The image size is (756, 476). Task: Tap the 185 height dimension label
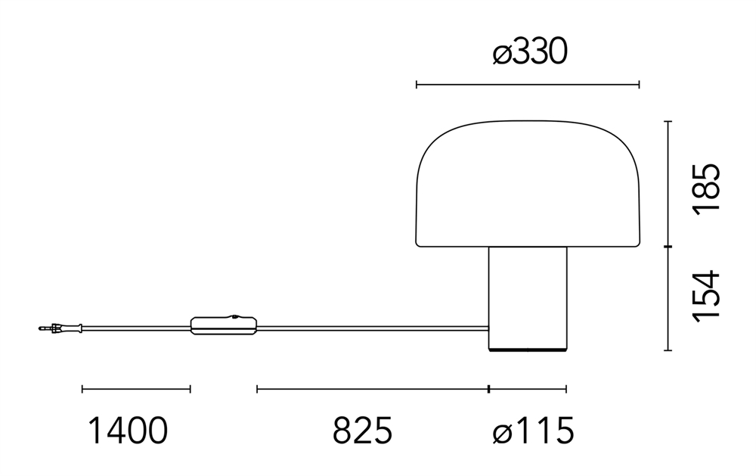[706, 188]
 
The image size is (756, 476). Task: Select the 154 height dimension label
[706, 295]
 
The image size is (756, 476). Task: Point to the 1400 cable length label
[129, 431]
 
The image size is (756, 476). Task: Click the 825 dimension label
[363, 431]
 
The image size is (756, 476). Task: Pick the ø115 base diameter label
[533, 431]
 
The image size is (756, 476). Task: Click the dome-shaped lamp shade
[528, 183]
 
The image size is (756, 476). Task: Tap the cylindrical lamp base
[528, 299]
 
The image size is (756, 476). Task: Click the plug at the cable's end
[60, 328]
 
